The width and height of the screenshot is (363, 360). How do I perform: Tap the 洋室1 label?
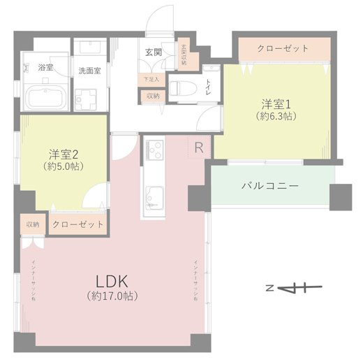(276, 104)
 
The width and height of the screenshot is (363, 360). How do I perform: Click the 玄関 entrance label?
(154, 52)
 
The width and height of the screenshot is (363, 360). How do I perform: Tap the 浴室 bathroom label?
(46, 67)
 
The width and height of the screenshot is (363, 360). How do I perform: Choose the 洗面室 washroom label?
(89, 71)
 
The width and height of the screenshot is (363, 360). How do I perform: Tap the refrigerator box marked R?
(199, 147)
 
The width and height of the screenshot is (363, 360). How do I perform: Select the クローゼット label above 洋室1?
(283, 48)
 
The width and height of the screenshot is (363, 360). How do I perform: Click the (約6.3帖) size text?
(276, 116)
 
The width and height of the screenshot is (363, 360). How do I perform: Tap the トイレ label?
(207, 87)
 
